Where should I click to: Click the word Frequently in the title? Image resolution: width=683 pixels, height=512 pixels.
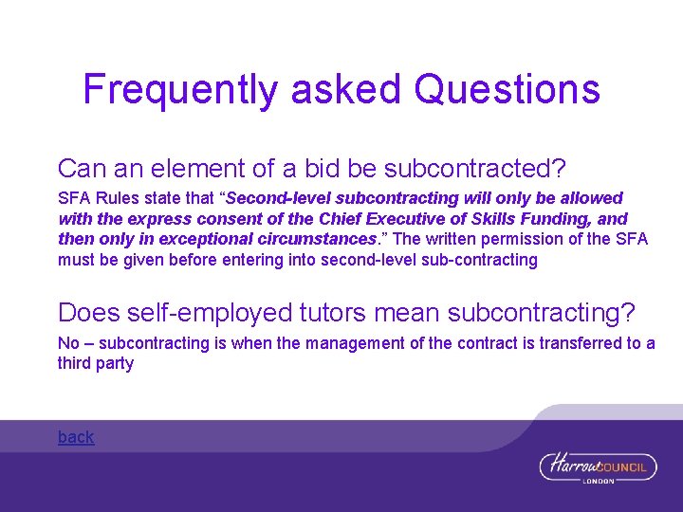[180, 90]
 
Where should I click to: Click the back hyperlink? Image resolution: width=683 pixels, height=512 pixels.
[76, 437]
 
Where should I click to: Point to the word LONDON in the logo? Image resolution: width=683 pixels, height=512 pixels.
[598, 481]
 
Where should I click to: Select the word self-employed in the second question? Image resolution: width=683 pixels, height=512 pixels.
[194, 312]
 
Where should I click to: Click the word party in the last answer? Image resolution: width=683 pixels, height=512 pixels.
[115, 363]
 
